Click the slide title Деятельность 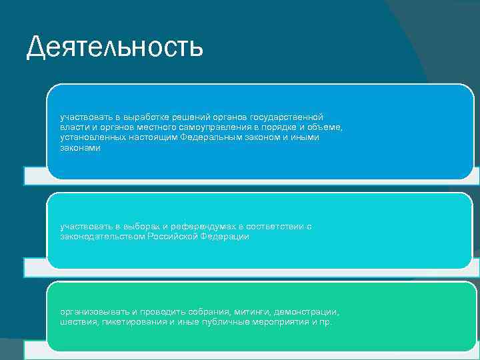[x=114, y=48]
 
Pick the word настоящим [x=151, y=137]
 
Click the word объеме [x=327, y=127]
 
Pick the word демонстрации [x=305, y=311]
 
